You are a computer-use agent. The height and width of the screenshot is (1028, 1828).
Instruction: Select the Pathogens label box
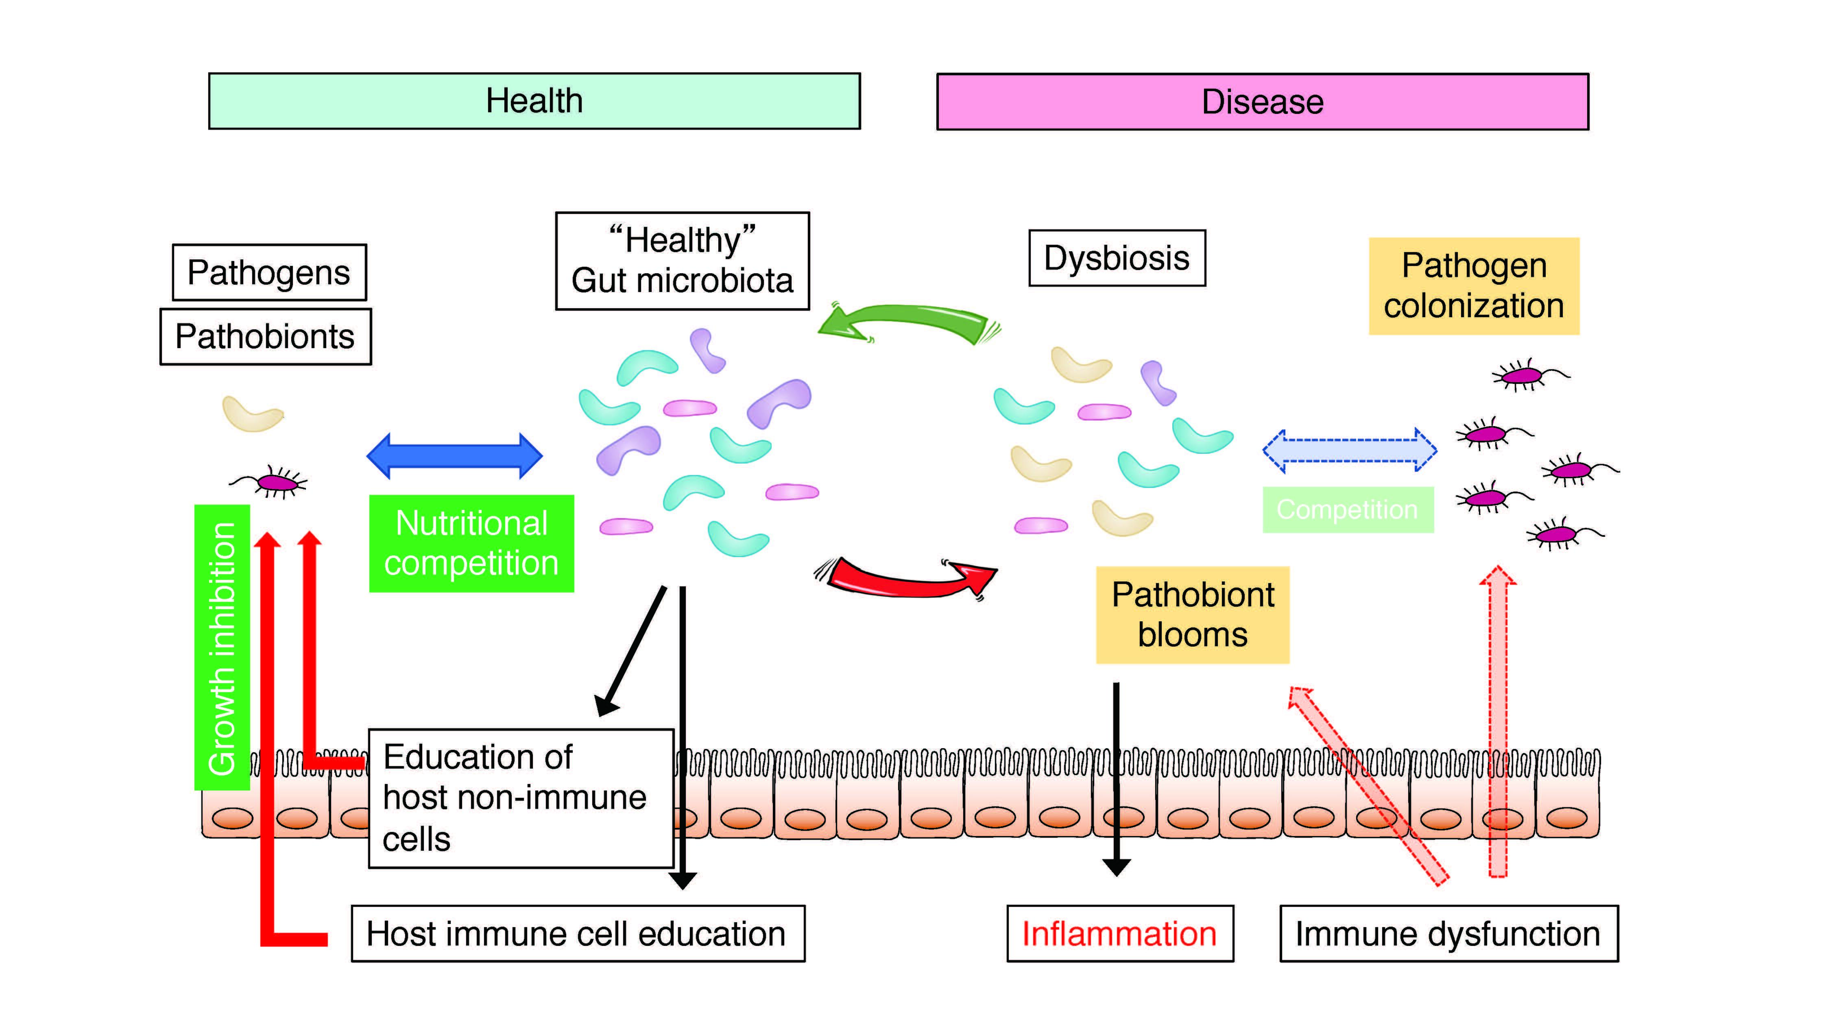[x=269, y=272]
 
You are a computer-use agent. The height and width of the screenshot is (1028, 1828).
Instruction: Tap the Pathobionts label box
[x=265, y=336]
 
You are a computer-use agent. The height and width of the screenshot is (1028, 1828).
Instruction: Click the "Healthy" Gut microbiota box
[x=682, y=260]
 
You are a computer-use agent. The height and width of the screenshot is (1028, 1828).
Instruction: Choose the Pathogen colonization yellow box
[x=1473, y=286]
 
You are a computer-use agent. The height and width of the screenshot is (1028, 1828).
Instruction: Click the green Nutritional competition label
[x=471, y=543]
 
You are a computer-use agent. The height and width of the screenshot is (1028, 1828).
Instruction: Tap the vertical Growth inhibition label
[x=222, y=647]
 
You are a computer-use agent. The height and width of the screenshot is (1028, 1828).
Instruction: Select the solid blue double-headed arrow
[x=454, y=455]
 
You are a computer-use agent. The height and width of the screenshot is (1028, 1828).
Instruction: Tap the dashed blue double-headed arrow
[x=1349, y=450]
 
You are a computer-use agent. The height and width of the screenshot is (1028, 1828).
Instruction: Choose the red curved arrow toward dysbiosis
[x=905, y=576]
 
